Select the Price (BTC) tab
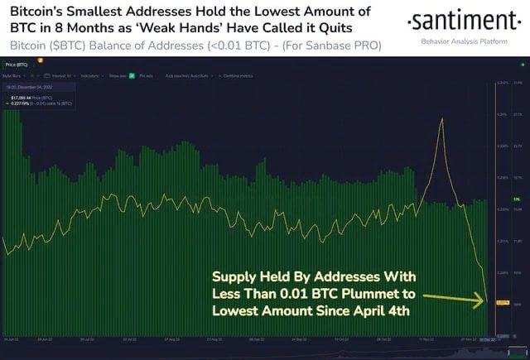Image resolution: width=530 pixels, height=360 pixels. [17, 64]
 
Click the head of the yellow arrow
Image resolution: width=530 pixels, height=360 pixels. [481, 303]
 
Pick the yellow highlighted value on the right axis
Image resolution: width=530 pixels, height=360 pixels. [502, 303]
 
